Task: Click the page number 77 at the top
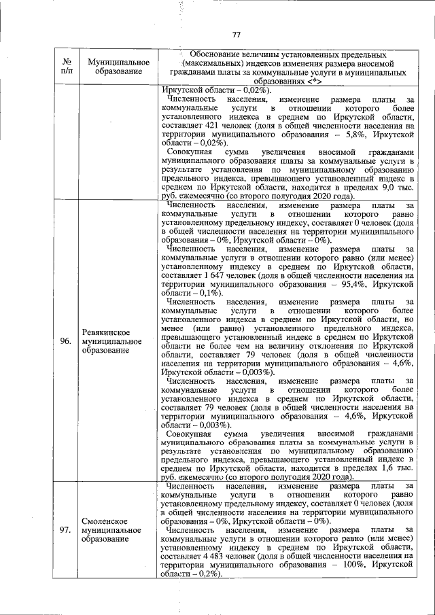point(237,35)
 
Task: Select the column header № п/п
point(66,66)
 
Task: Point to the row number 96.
point(66,341)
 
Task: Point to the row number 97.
point(66,530)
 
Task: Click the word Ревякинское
point(105,332)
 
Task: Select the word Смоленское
point(105,521)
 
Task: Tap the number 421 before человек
point(205,135)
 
